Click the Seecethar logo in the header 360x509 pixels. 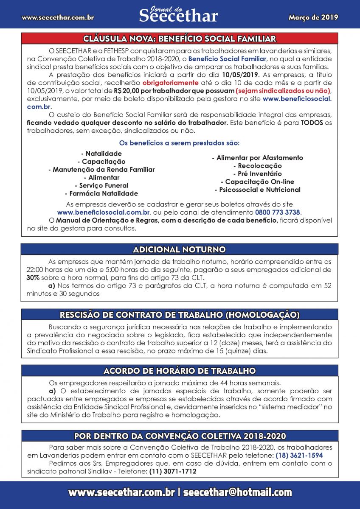tap(178, 14)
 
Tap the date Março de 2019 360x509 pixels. tap(313, 17)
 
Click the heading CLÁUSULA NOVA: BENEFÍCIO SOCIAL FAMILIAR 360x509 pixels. tap(180, 39)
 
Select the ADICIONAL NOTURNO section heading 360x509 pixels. tap(180, 249)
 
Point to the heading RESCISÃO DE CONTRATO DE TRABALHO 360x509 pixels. tap(180, 314)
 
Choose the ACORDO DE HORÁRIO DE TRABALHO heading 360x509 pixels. tap(180, 371)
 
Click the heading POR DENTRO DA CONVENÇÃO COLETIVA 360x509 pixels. tap(180, 436)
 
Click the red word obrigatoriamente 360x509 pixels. tap(170, 83)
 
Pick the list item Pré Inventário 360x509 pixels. tap(257, 173)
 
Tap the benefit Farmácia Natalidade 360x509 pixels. tap(104, 193)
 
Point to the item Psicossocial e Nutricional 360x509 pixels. tap(257, 190)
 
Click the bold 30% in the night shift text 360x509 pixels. tap(33, 278)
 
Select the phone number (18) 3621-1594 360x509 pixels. tap(299, 455)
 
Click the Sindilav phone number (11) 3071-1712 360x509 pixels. tap(172, 471)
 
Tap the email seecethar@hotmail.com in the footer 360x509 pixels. tap(237, 492)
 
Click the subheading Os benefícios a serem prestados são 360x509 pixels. tap(180, 143)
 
